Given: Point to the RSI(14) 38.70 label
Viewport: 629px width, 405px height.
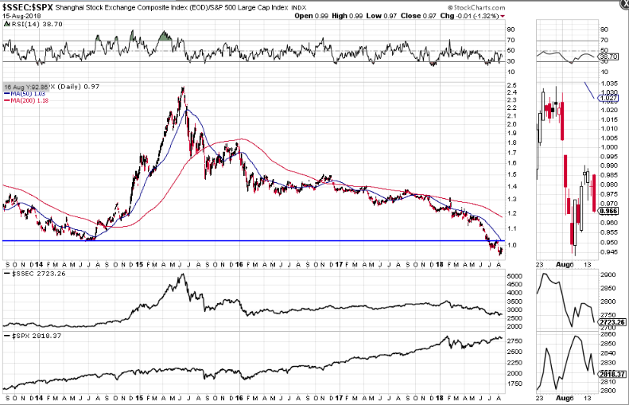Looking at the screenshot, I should click(27, 25).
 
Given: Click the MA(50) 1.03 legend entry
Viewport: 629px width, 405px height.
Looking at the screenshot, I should click(24, 94).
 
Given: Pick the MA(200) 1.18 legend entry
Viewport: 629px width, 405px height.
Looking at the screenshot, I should click(25, 100).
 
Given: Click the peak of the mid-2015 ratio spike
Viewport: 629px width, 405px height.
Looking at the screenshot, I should click(183, 88).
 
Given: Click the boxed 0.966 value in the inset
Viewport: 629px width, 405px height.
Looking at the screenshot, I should click(609, 212).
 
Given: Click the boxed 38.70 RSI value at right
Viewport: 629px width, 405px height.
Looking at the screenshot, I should click(608, 57).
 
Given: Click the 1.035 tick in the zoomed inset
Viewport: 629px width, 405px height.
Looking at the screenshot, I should click(608, 83).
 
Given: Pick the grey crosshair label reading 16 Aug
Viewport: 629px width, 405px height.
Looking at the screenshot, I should click(11, 86).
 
